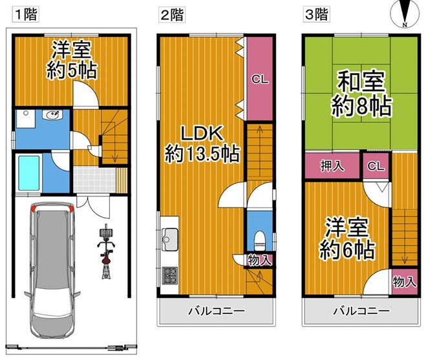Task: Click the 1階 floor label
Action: tap(26, 14)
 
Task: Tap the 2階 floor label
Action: tap(172, 14)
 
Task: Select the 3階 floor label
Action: tap(316, 14)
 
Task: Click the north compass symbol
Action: tap(404, 14)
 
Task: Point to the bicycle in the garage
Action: tap(106, 251)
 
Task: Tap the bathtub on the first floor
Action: tap(29, 173)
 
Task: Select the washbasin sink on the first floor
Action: tap(52, 114)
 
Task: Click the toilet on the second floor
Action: tap(259, 240)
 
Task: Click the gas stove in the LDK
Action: tap(170, 276)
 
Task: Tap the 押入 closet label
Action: tap(332, 165)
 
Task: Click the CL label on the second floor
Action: tap(260, 79)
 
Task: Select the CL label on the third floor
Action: tap(376, 165)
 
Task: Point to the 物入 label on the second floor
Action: tap(259, 260)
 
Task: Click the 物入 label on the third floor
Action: tap(405, 282)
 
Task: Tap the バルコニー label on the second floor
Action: tap(217, 310)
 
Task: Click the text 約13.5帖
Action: tap(202, 154)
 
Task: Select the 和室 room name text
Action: tap(361, 81)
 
